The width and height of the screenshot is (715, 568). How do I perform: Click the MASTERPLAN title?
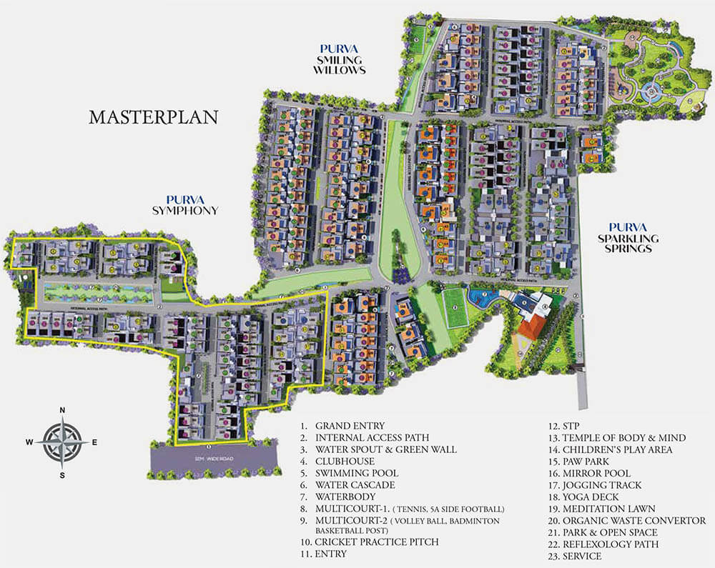pos(153,117)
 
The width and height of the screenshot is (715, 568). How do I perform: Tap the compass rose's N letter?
pos(63,409)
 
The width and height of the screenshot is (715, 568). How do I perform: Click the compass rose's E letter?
pos(94,442)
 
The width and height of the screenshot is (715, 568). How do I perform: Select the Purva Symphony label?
pos(184,205)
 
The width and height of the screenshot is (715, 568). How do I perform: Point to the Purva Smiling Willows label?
pos(340,59)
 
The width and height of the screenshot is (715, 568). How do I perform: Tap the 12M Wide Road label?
pos(214,458)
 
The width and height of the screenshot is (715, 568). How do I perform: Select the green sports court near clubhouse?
pos(455,306)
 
